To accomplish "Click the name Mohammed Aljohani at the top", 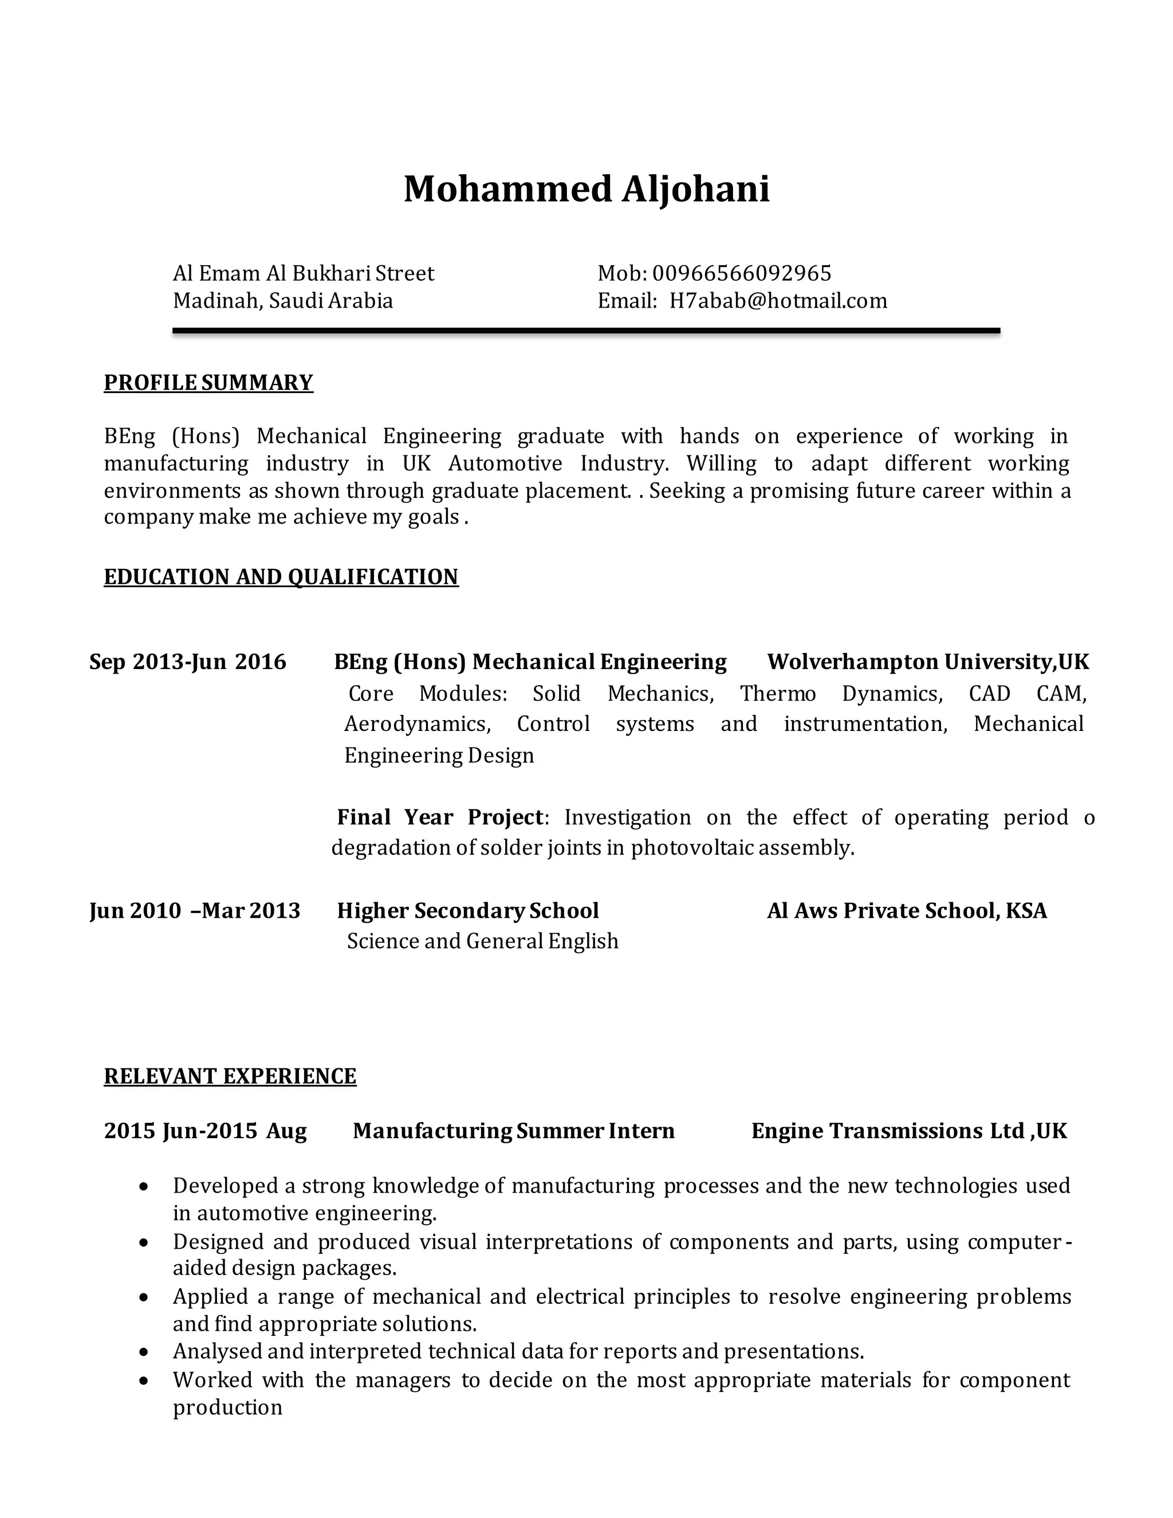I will (x=586, y=189).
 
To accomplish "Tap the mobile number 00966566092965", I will (x=742, y=273).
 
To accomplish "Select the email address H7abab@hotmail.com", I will (x=778, y=301).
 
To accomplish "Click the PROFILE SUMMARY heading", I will (x=208, y=383).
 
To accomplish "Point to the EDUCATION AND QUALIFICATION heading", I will (x=281, y=577).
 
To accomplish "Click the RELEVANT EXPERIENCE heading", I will (x=230, y=1076).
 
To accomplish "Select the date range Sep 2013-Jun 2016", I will (x=188, y=662).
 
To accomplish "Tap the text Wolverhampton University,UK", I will (x=928, y=662).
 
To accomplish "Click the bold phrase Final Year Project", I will (x=439, y=817).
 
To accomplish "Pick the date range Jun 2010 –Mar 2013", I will (x=195, y=911).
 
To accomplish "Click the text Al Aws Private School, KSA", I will (x=906, y=911).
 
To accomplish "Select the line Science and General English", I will (x=482, y=941).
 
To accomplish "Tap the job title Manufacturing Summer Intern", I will (x=514, y=1131).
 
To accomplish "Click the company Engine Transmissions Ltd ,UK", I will (x=909, y=1131).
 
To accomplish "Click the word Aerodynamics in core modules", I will (x=418, y=724).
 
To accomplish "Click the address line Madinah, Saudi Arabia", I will (x=283, y=301).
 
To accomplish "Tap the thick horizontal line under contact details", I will (x=586, y=332).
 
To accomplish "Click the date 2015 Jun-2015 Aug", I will (x=205, y=1131).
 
